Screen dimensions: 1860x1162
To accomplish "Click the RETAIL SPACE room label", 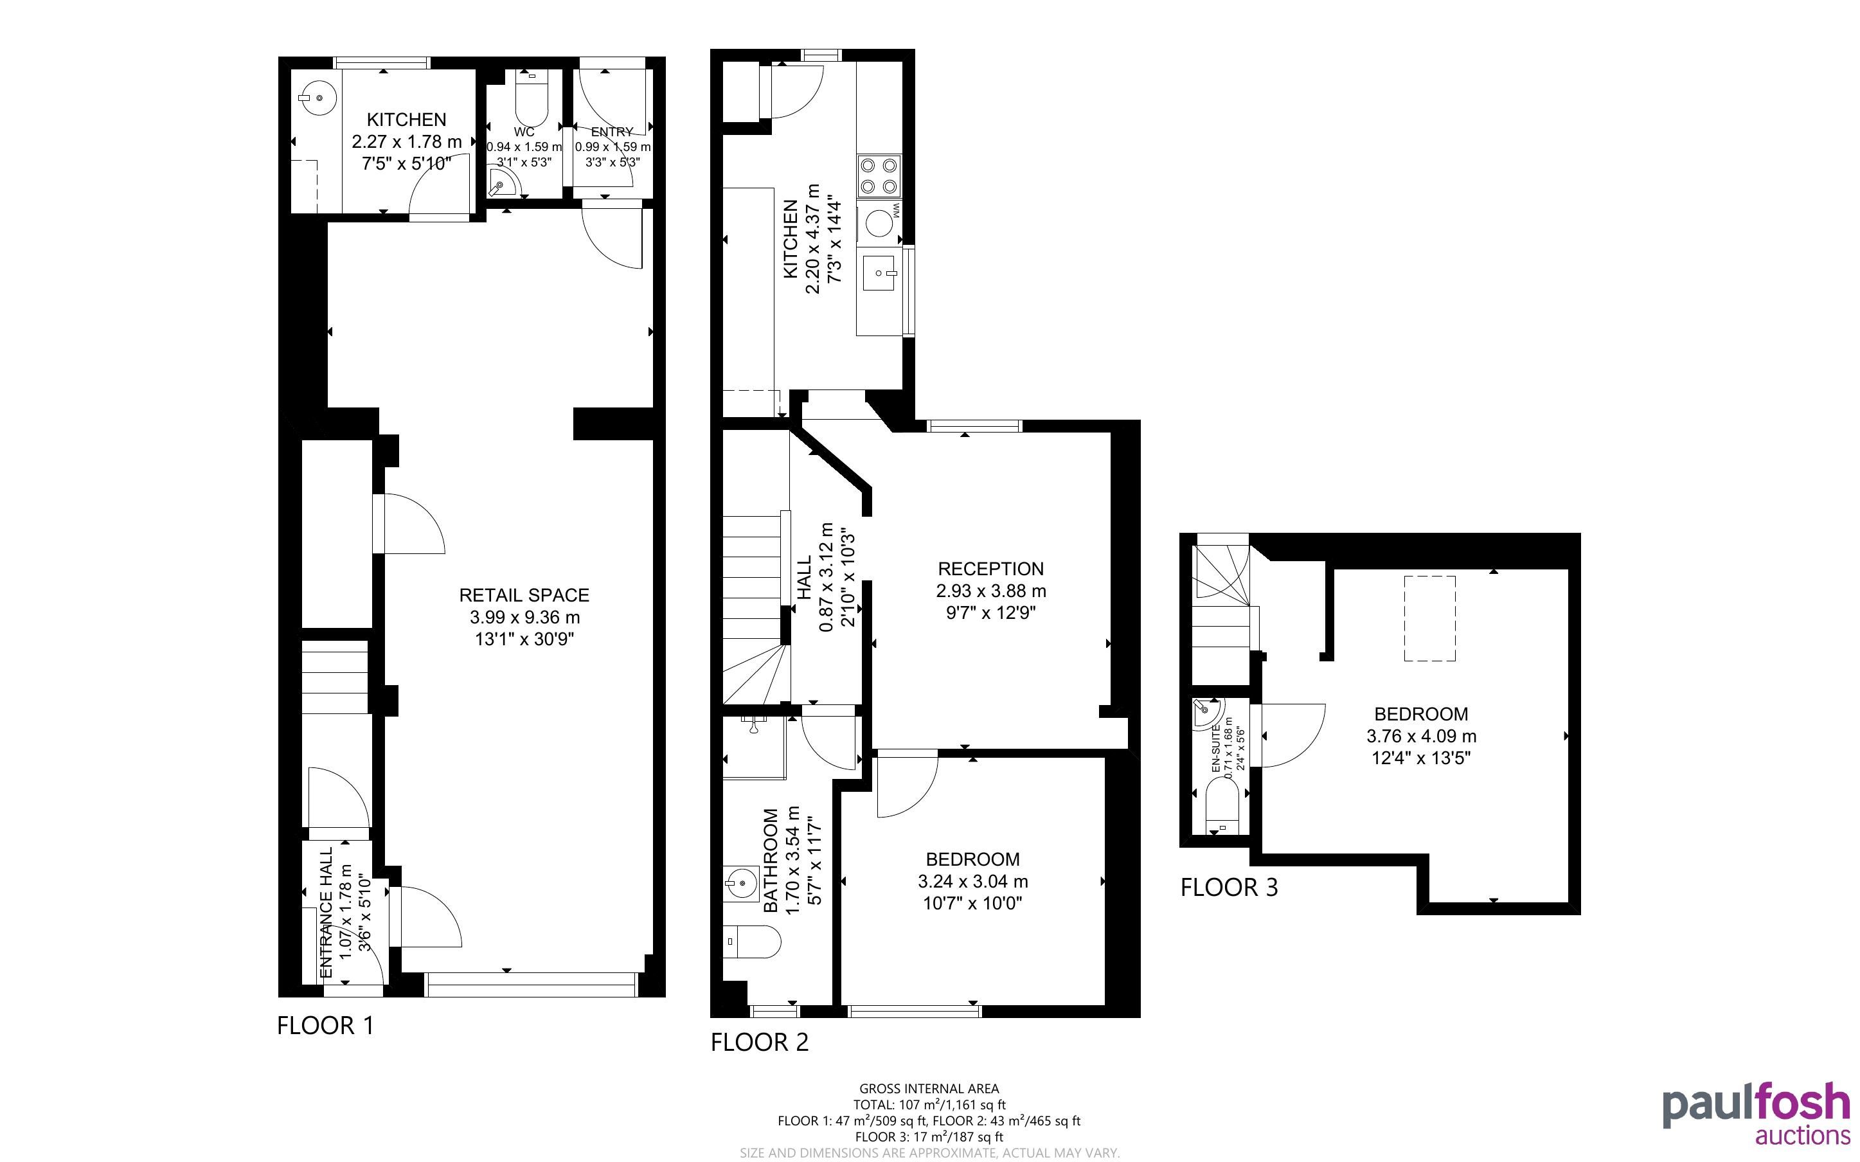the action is pyautogui.click(x=524, y=595).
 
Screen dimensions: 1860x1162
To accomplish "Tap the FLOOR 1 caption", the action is pyautogui.click(x=325, y=1025).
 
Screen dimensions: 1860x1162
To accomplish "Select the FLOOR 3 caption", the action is pyautogui.click(x=1230, y=888).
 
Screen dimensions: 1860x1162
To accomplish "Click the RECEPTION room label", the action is pyautogui.click(x=990, y=569).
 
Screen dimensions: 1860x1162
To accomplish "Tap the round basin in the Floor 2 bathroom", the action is pyautogui.click(x=742, y=884).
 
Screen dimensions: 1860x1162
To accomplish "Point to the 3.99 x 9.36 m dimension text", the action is pyautogui.click(x=524, y=617).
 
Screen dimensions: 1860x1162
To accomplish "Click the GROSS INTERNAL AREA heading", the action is pyautogui.click(x=929, y=1088).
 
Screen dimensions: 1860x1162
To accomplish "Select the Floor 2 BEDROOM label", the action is pyautogui.click(x=972, y=859).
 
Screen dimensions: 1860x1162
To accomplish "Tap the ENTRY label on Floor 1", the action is pyautogui.click(x=613, y=132).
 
